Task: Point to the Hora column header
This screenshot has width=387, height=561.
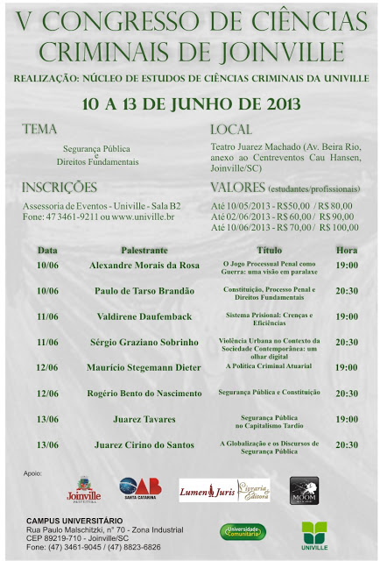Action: click(346, 249)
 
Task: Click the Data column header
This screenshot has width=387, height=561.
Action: click(47, 249)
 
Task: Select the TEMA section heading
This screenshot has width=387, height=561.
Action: click(40, 129)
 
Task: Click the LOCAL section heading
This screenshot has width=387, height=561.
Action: click(231, 129)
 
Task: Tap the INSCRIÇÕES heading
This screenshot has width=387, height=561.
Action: click(60, 187)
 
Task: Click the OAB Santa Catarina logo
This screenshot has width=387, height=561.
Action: click(141, 489)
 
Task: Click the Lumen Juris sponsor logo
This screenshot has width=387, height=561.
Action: click(224, 490)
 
